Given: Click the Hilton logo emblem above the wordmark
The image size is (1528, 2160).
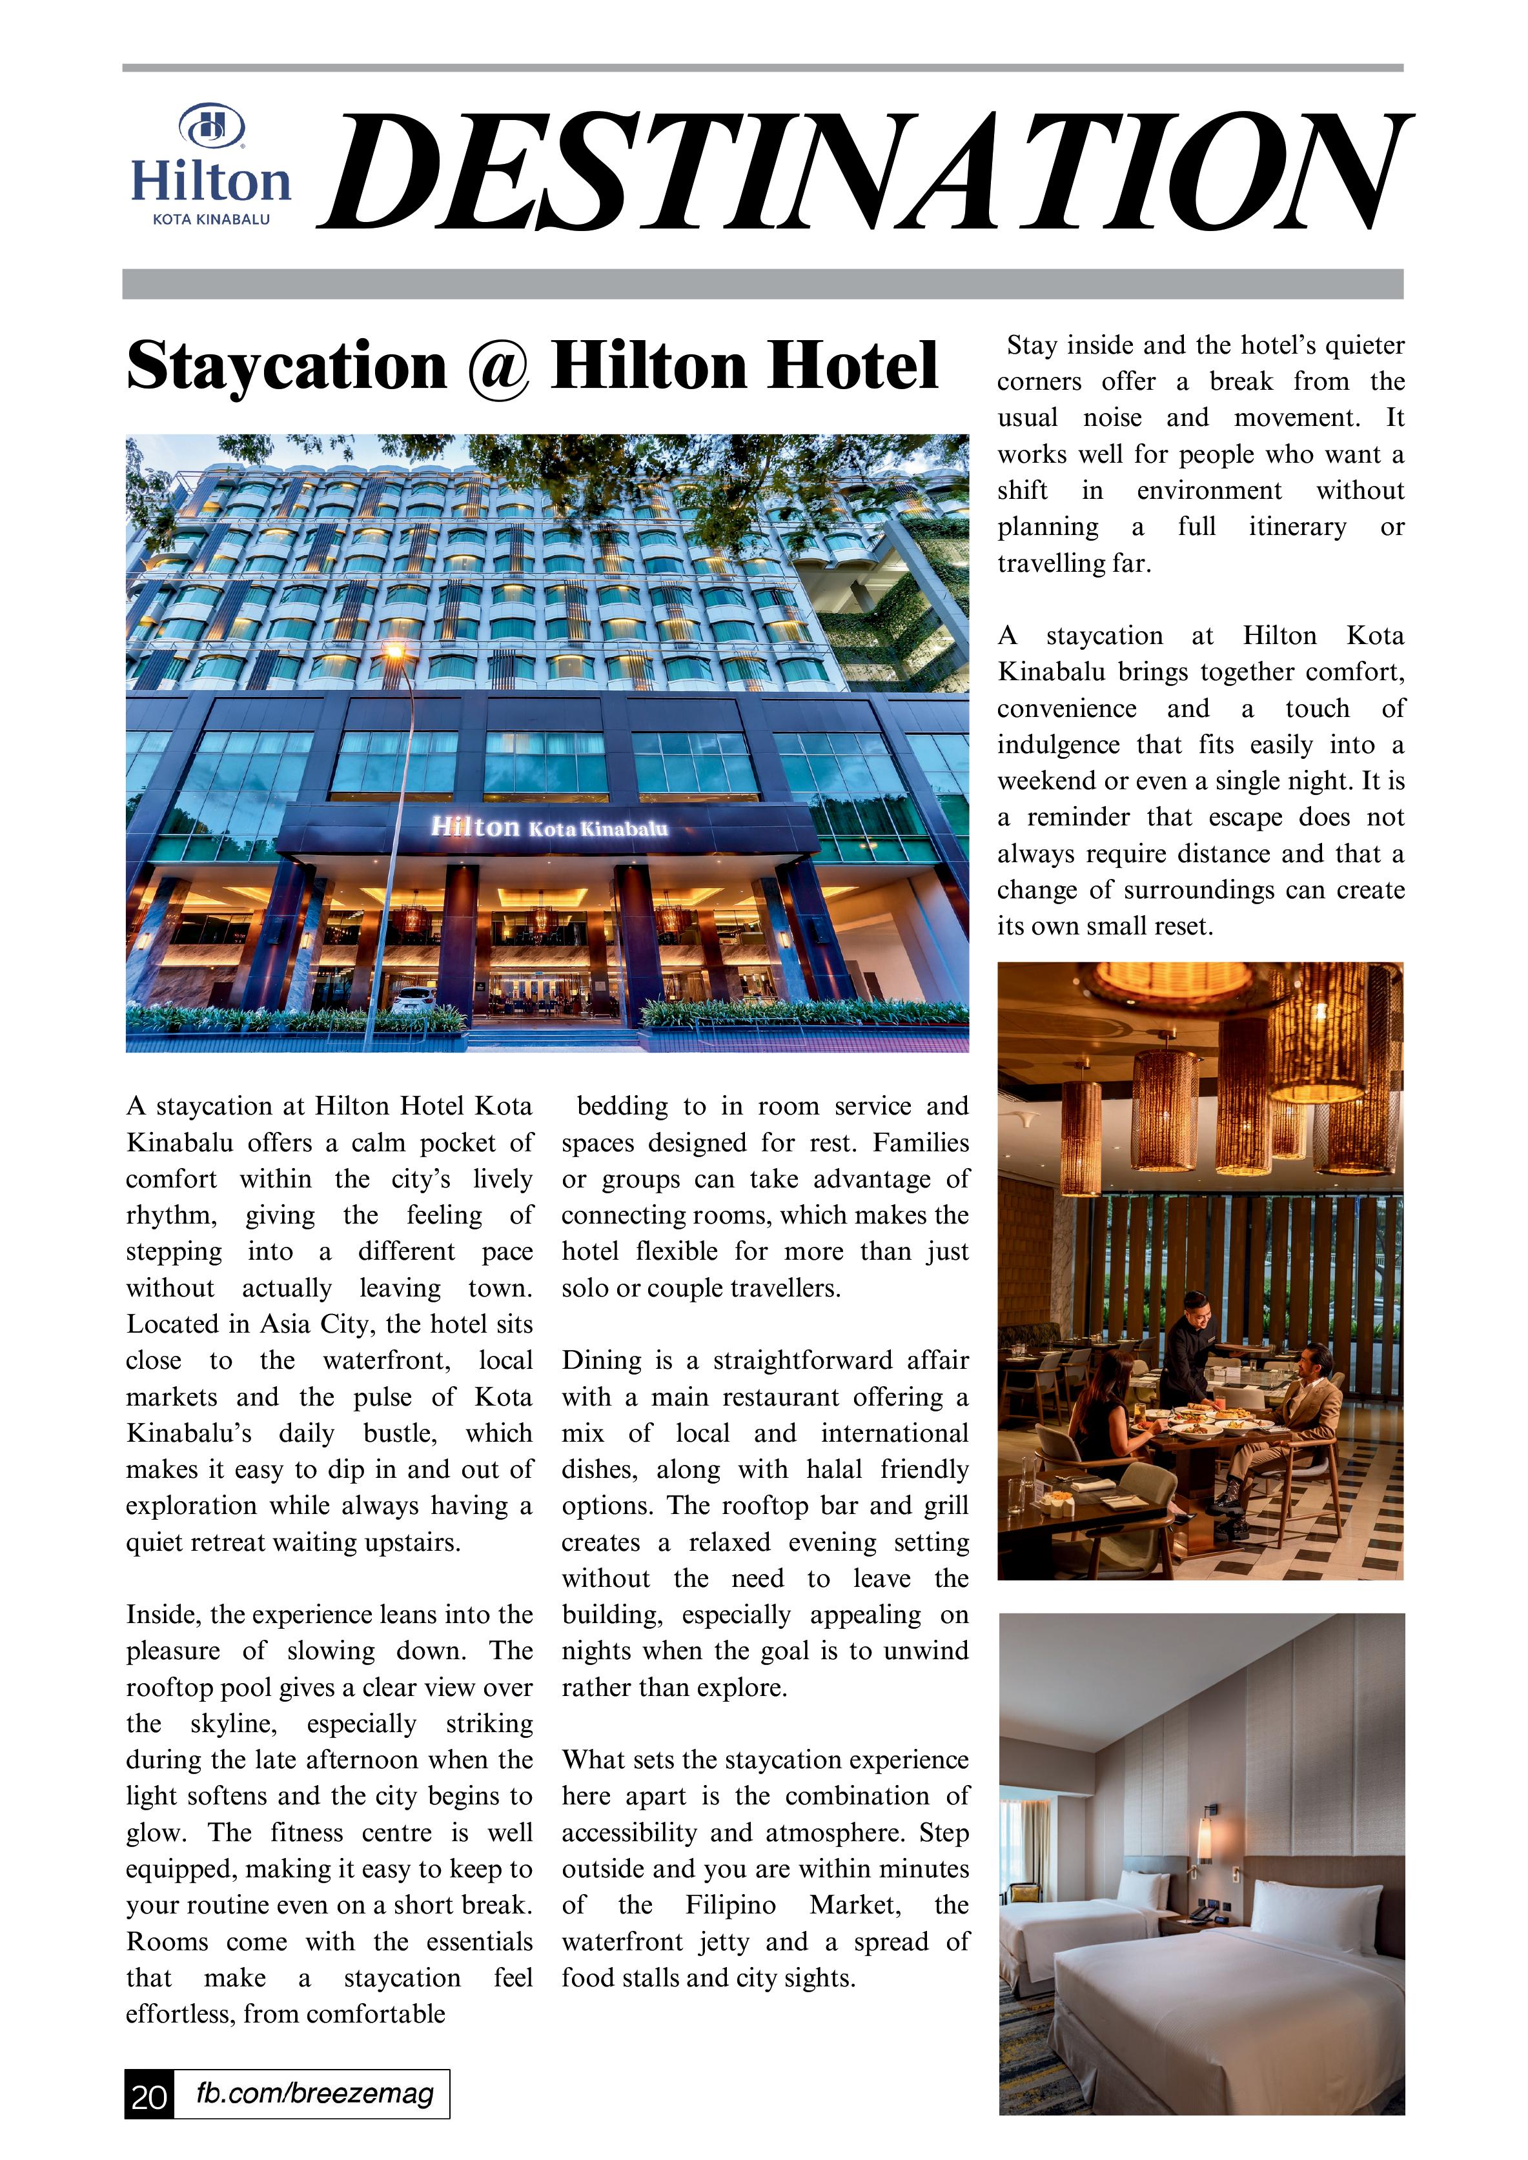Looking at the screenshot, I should coord(212,126).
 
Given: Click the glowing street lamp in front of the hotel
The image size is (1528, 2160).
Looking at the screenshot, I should coord(394,650).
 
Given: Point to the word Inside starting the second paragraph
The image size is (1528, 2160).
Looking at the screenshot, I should coord(164,1615).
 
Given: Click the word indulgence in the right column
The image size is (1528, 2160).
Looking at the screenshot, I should coord(1057,745).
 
